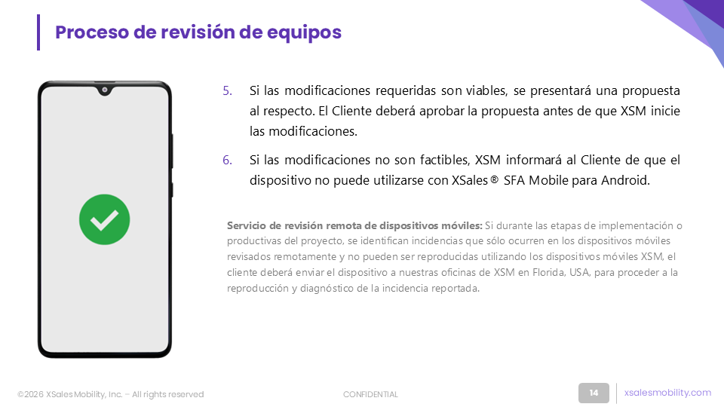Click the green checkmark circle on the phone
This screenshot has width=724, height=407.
coord(104,219)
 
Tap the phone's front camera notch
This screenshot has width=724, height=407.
coord(105,90)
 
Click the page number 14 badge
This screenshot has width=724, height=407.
coord(594,393)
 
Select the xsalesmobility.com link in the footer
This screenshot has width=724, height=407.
coord(667,393)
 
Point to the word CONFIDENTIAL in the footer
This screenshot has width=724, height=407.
coord(370,394)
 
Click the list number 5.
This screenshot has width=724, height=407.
coord(227,91)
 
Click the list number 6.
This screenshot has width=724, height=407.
coord(227,160)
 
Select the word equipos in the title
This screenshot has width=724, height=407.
coord(304,32)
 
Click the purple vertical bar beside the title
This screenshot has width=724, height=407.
coord(38,32)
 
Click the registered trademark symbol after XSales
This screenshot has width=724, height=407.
coord(495,179)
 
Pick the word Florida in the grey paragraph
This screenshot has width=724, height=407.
coord(548,273)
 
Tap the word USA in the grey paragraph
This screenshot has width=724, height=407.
coord(579,273)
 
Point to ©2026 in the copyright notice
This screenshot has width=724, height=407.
coord(30,394)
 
